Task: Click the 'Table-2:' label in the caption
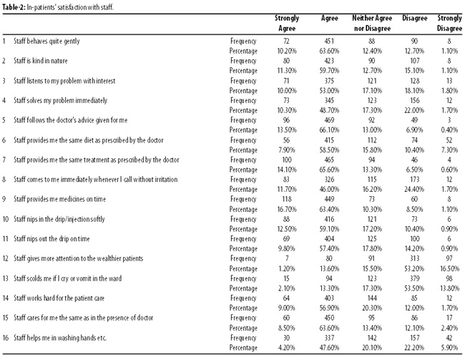click(x=14, y=7)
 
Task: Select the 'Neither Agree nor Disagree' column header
click(x=372, y=23)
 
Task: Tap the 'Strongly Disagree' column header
click(x=449, y=23)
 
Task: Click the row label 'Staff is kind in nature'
click(x=40, y=61)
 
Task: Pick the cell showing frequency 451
click(x=329, y=42)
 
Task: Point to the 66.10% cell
click(x=329, y=130)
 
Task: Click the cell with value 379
click(x=415, y=278)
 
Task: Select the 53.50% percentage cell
click(x=414, y=288)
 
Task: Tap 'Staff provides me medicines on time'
click(x=59, y=199)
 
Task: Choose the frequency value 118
click(x=286, y=199)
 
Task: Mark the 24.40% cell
click(x=414, y=190)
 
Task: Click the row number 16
click(x=5, y=338)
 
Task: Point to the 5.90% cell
click(x=449, y=348)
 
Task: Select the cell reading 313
click(x=415, y=258)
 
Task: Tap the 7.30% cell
click(x=449, y=150)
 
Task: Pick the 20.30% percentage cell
click(x=372, y=308)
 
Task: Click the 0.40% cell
click(x=449, y=130)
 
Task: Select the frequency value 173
click(x=415, y=180)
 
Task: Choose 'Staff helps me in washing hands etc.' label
click(x=60, y=338)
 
